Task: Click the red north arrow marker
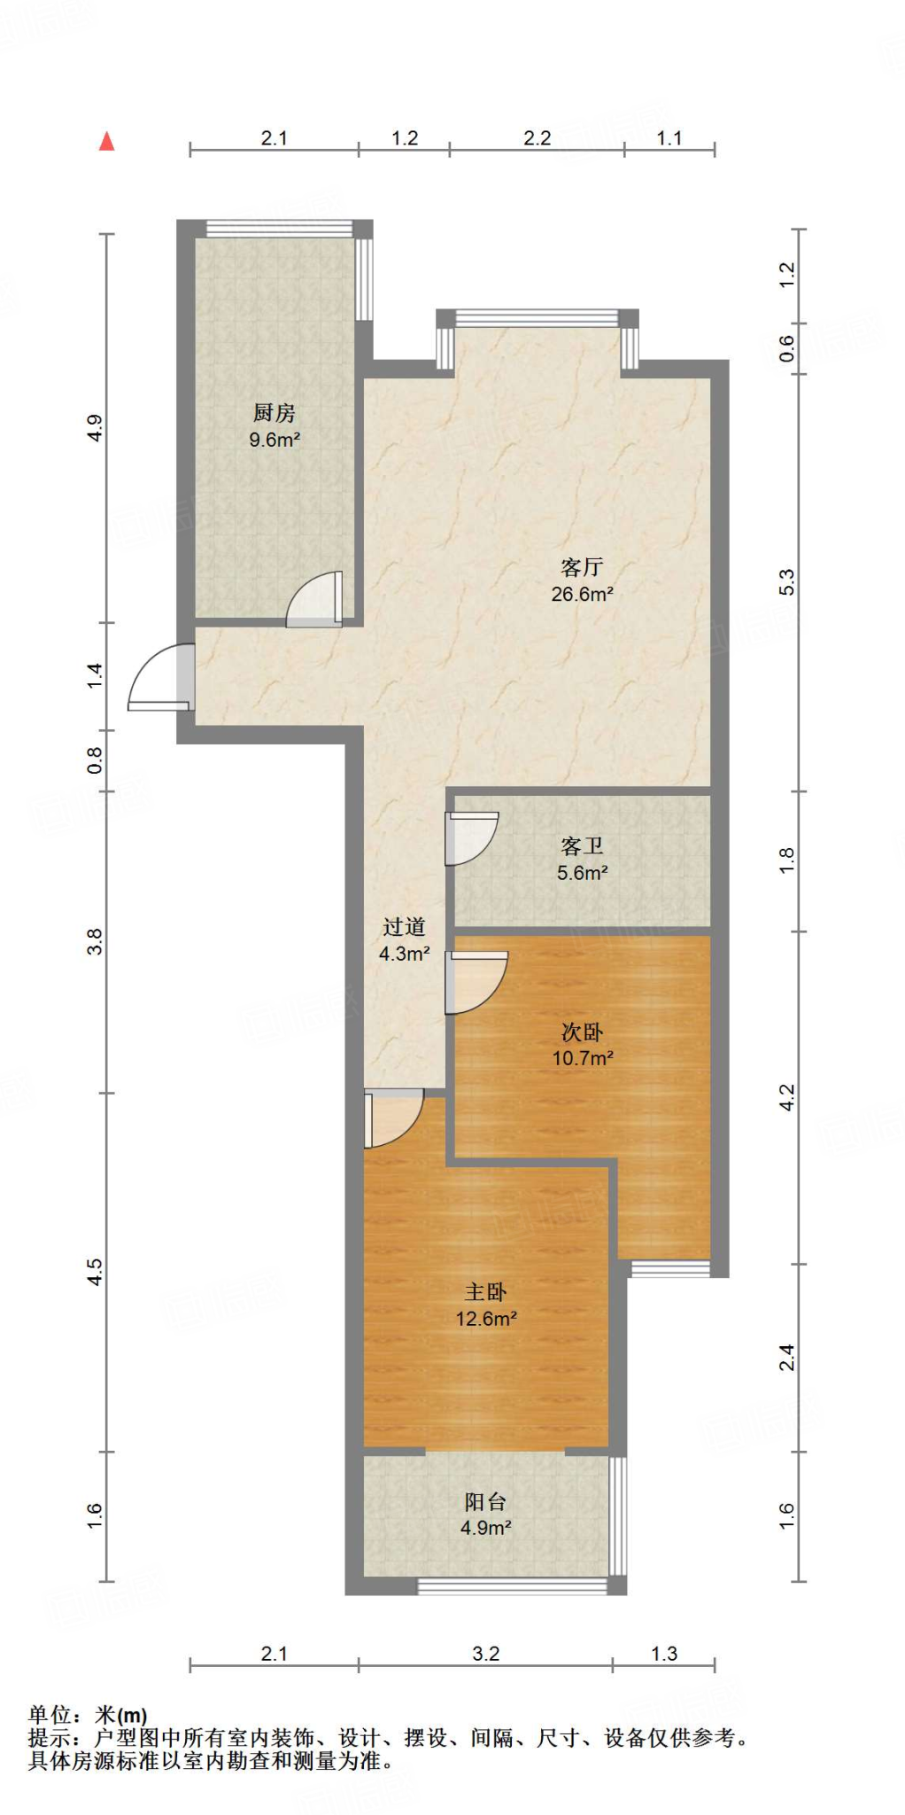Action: coord(107,141)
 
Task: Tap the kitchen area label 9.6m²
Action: coord(275,440)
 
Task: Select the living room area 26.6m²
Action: coord(582,595)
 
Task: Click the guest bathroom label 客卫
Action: coord(582,846)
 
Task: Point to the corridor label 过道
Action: coord(404,927)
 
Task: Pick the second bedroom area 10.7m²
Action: coord(583,1058)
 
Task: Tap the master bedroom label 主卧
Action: coord(485,1292)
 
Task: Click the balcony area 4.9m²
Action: coord(485,1528)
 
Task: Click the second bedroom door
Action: coord(476,982)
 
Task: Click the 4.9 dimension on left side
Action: coord(95,428)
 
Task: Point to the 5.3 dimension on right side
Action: coord(786,582)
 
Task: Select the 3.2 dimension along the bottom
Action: coord(485,1654)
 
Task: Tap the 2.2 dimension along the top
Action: coord(537,138)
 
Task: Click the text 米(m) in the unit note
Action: coord(120,1716)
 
